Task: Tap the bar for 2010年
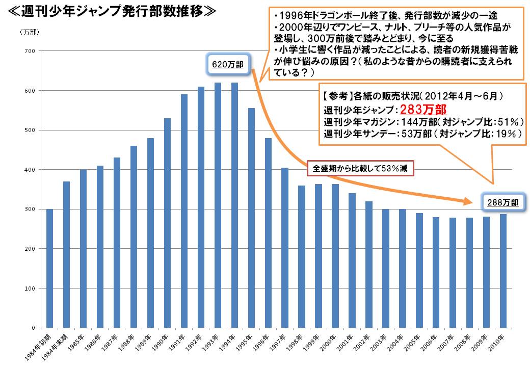click(x=503, y=271)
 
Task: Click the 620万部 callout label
click(x=227, y=65)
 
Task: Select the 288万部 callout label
click(x=502, y=202)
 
